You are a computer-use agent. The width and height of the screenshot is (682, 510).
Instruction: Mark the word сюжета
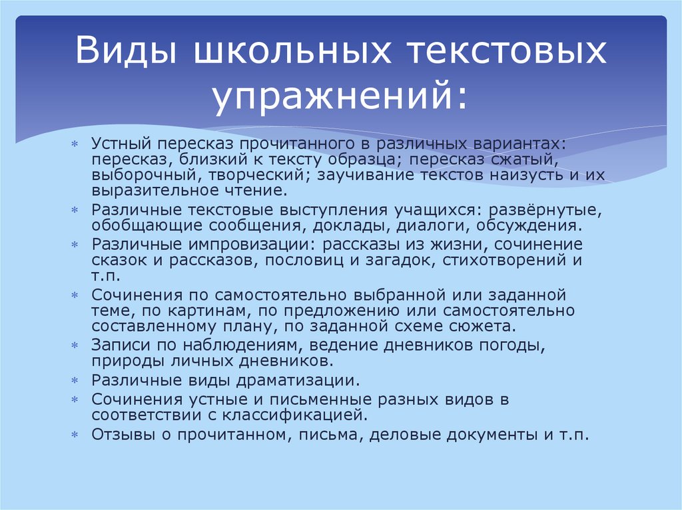pyautogui.click(x=481, y=326)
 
